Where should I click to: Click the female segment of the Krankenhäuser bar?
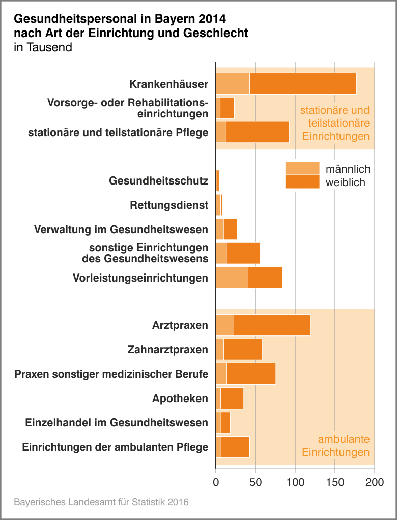click(303, 83)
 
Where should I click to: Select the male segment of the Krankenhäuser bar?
click(233, 83)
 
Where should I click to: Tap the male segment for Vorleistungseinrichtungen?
click(232, 278)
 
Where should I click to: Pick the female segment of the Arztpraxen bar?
click(271, 325)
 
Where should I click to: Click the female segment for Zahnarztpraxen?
click(243, 350)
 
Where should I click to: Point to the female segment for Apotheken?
click(232, 399)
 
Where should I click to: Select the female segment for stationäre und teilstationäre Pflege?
click(258, 132)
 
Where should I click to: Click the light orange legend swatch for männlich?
click(302, 168)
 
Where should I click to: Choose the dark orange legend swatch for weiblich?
click(302, 182)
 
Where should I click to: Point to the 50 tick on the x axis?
click(256, 482)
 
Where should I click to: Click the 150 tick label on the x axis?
click(335, 482)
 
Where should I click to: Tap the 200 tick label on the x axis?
click(375, 482)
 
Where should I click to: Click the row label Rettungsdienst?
click(169, 205)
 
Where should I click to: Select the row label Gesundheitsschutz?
click(158, 181)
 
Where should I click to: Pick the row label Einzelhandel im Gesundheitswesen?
click(117, 423)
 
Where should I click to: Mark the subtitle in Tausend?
click(43, 48)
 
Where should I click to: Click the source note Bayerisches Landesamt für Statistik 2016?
click(101, 502)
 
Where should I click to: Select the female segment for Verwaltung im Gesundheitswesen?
click(230, 229)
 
